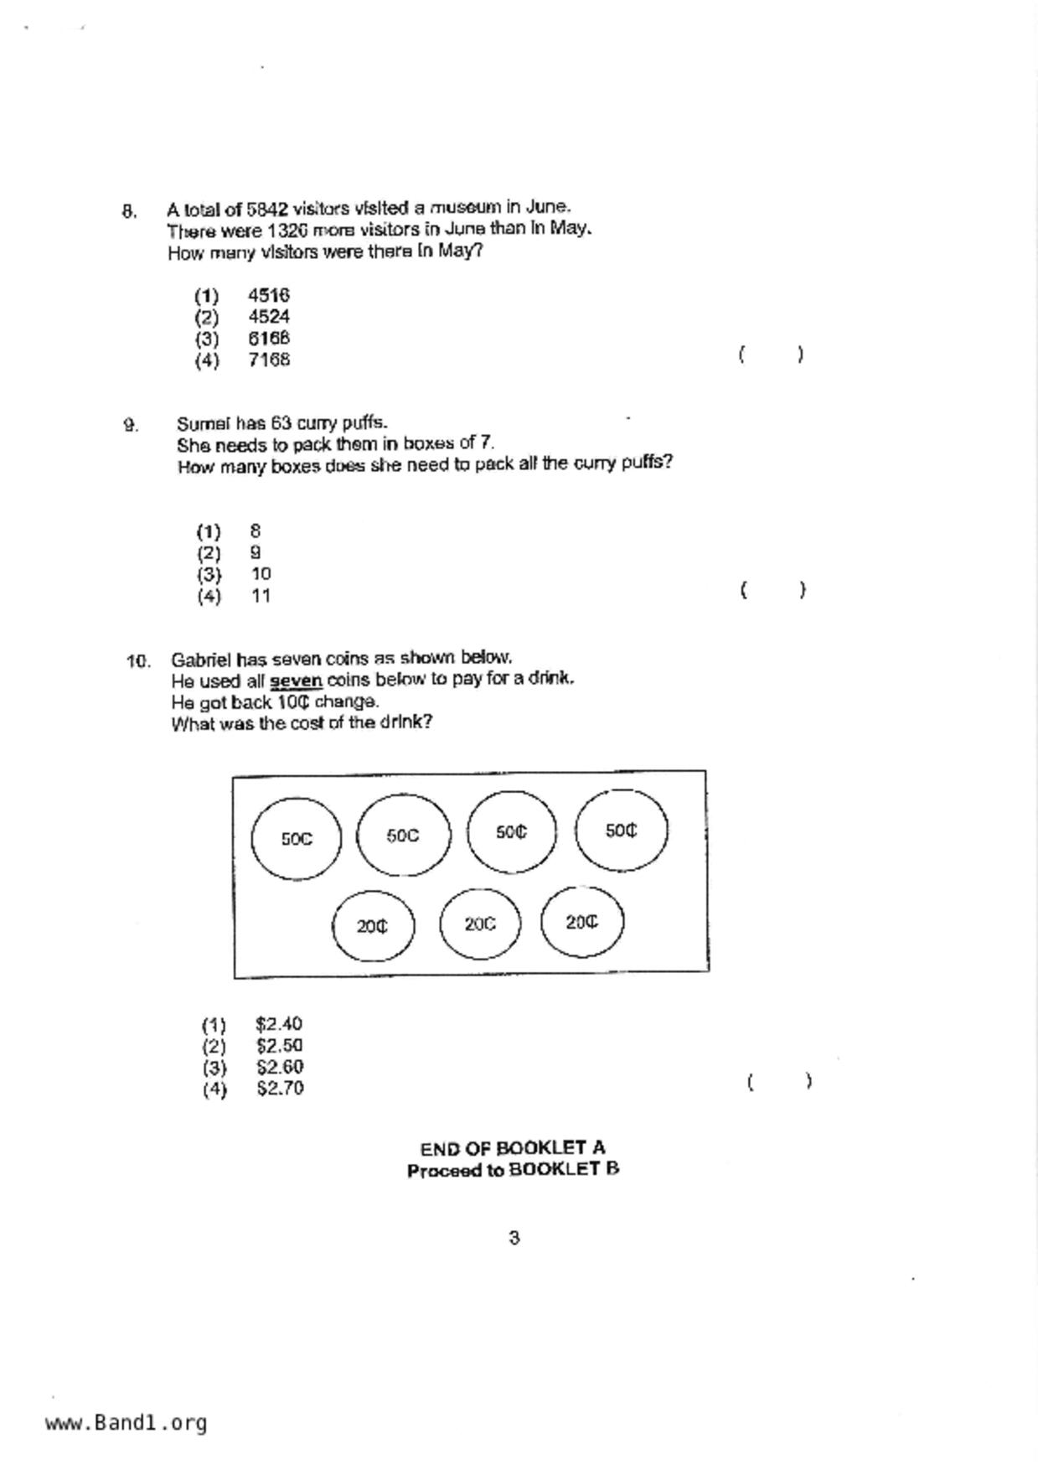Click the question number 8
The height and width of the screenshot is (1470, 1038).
tap(129, 210)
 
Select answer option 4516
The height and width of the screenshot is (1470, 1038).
tap(269, 295)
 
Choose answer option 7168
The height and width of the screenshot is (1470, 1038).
tap(269, 360)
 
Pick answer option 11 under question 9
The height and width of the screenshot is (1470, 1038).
tap(261, 596)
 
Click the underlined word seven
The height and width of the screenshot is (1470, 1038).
tap(296, 680)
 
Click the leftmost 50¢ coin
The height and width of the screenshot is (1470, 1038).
tap(297, 838)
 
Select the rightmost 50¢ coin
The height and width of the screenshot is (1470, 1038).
tap(621, 831)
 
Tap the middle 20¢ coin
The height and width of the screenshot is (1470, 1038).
tap(480, 924)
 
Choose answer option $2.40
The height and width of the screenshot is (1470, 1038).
tap(279, 1024)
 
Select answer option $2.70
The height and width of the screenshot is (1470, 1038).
tap(280, 1089)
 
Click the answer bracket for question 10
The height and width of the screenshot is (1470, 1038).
tap(779, 1081)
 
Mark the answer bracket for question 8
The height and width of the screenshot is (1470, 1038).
tap(772, 355)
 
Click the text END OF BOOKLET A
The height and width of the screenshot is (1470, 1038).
tap(513, 1148)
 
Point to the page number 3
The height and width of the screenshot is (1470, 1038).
tap(514, 1237)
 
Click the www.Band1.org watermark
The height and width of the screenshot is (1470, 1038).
tap(127, 1423)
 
